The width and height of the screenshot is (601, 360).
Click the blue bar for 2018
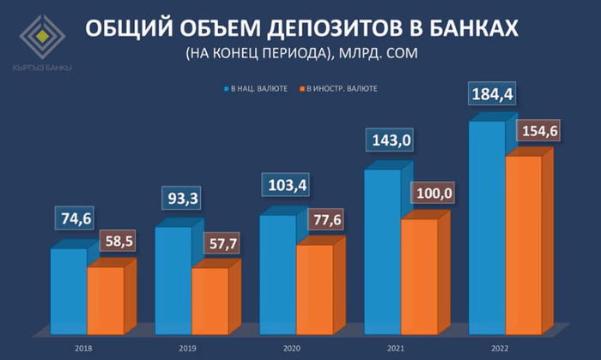pos(68,291)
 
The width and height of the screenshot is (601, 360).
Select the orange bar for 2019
pos(209,300)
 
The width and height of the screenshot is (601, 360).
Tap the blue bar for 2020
pos(277,274)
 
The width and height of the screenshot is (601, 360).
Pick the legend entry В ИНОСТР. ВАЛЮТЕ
pos(342,88)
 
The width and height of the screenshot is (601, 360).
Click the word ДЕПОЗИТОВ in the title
pos(330,29)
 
